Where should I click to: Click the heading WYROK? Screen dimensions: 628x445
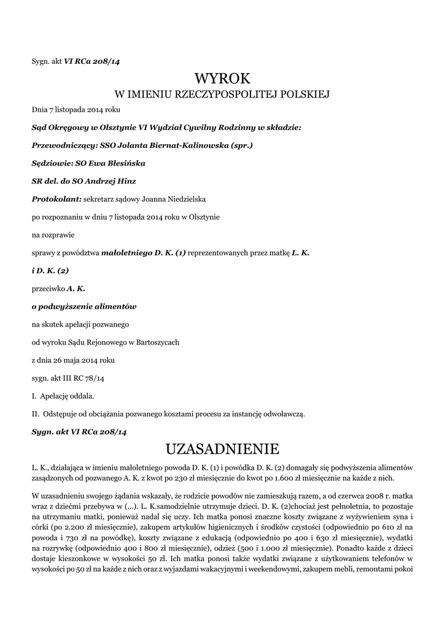click(222, 78)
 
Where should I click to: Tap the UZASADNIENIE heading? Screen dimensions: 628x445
click(222, 446)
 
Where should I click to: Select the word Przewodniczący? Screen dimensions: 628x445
click(60, 146)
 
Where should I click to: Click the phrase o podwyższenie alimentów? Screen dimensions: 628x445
click(83, 305)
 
